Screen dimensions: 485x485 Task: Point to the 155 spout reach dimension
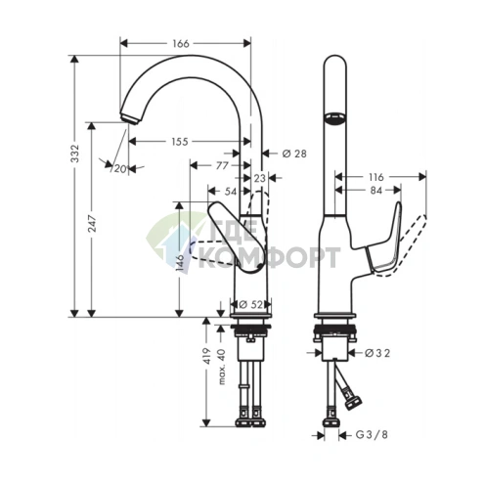pyautogui.click(x=179, y=142)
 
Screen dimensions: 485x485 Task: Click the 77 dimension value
pyautogui.click(x=222, y=165)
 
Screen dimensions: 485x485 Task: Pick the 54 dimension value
pyautogui.click(x=230, y=191)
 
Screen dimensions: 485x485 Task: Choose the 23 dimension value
pyautogui.click(x=259, y=179)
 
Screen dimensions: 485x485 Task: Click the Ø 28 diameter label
pyautogui.click(x=294, y=154)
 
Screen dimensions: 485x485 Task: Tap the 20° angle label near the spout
pyautogui.click(x=120, y=169)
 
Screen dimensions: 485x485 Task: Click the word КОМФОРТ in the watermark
pyautogui.click(x=277, y=257)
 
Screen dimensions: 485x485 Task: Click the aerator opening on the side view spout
pyautogui.click(x=334, y=118)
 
